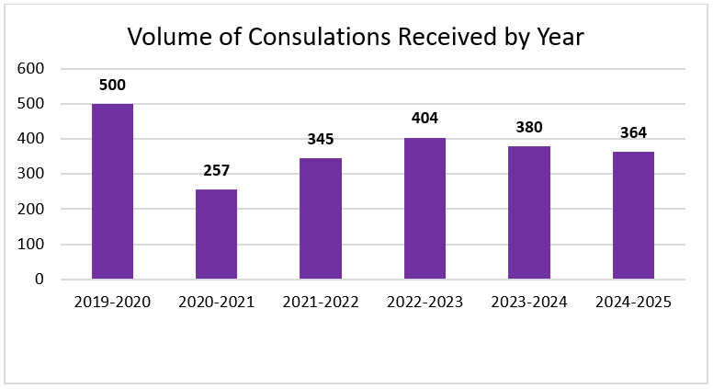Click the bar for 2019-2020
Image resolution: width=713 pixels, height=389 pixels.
click(x=112, y=191)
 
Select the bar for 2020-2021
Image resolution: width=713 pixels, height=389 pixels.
click(x=216, y=234)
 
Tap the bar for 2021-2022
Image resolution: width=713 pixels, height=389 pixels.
click(x=321, y=219)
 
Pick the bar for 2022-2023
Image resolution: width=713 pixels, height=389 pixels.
click(x=424, y=209)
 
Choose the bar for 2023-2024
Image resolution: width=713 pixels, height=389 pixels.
click(x=528, y=212)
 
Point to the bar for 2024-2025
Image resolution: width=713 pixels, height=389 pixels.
click(x=633, y=215)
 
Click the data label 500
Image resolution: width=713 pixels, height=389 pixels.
click(x=112, y=85)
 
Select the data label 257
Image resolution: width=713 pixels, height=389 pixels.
click(x=216, y=170)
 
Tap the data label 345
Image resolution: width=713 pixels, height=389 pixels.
click(x=321, y=139)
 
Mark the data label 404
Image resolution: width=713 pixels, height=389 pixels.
click(x=424, y=119)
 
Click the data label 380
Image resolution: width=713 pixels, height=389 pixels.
click(x=528, y=127)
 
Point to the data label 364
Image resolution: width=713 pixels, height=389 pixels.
click(x=633, y=132)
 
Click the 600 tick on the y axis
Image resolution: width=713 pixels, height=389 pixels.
click(x=31, y=69)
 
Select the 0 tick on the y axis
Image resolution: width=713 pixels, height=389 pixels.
click(x=40, y=280)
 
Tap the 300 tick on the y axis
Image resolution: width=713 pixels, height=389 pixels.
click(x=31, y=174)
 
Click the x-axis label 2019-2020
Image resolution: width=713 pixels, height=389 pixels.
click(x=112, y=303)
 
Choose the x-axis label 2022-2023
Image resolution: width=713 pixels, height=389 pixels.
click(x=424, y=303)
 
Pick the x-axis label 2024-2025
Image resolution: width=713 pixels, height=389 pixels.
click(x=633, y=303)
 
